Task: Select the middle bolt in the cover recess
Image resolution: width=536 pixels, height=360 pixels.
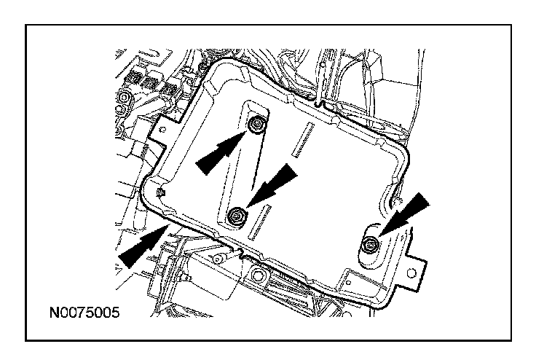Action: click(x=237, y=214)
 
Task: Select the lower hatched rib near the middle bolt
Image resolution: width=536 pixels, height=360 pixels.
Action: click(x=260, y=223)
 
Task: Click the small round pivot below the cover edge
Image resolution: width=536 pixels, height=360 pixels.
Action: click(x=218, y=260)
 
